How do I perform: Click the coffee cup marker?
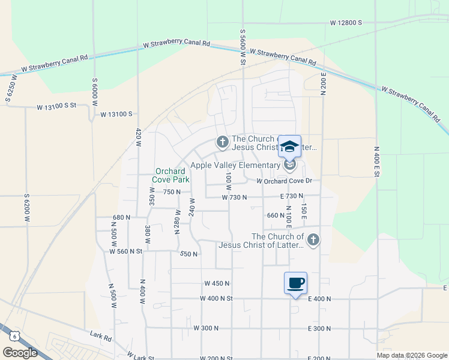click(295, 283)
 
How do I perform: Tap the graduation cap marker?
click(289, 147)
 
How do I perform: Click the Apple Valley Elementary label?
click(235, 165)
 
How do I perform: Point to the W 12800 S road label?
click(346, 23)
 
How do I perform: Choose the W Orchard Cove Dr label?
click(286, 181)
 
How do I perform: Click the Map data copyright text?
click(412, 355)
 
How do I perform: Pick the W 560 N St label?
click(125, 251)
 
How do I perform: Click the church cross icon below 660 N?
click(313, 241)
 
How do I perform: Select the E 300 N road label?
click(319, 328)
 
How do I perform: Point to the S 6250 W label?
click(10, 91)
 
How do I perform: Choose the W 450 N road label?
click(217, 283)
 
